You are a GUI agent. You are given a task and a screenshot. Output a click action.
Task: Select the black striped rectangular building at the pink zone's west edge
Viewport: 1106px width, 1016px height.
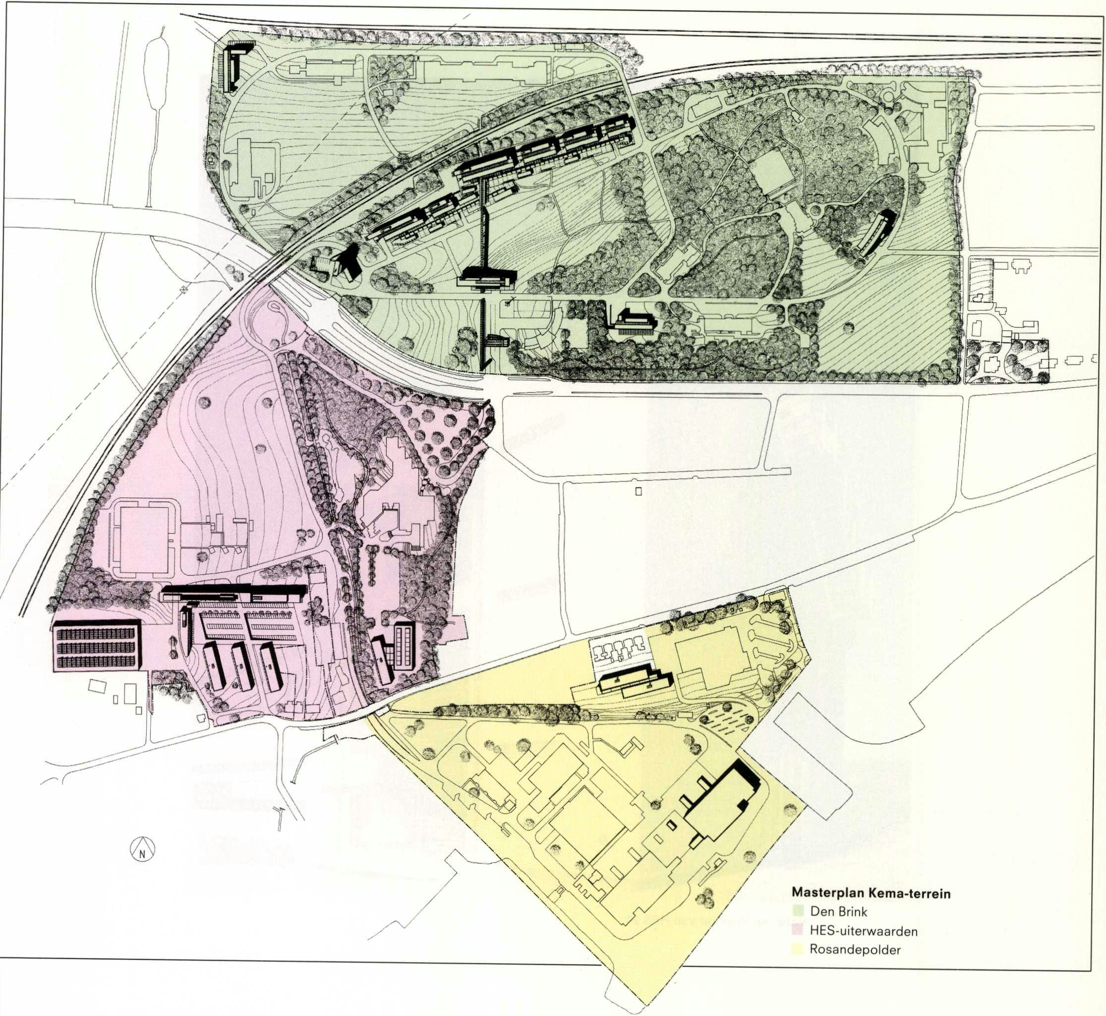coord(96,646)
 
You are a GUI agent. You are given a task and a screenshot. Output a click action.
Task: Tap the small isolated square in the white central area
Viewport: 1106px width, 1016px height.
coord(638,491)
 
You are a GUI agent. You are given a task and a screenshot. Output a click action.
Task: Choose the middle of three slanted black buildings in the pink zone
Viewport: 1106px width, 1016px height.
coord(242,666)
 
